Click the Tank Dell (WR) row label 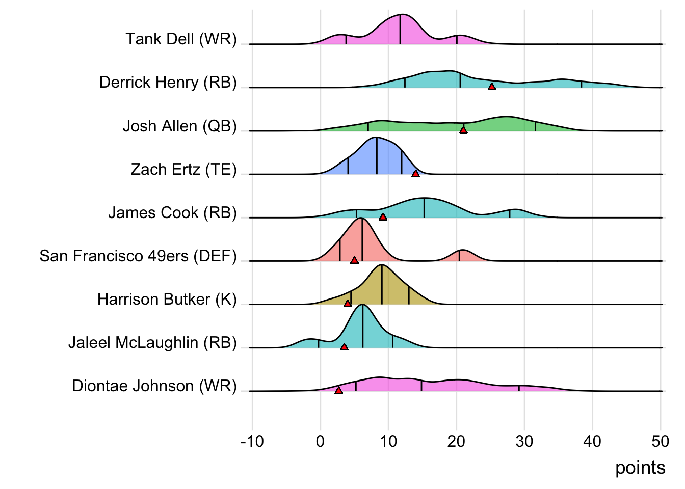[181, 39]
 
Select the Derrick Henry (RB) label [168, 83]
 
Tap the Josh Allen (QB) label [179, 126]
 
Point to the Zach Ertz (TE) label [183, 169]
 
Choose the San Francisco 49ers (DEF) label [138, 256]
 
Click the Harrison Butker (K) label [167, 299]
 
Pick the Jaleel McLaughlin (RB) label [152, 342]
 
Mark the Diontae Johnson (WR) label [154, 386]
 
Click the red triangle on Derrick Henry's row [491, 87]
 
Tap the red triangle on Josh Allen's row [463, 130]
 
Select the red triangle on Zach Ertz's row [415, 174]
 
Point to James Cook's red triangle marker [383, 217]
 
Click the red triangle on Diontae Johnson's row [338, 390]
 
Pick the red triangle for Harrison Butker [348, 304]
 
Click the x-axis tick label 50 [660, 441]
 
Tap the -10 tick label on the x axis [252, 441]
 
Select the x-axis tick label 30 [524, 441]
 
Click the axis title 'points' [640, 468]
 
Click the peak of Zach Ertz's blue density [376, 139]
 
